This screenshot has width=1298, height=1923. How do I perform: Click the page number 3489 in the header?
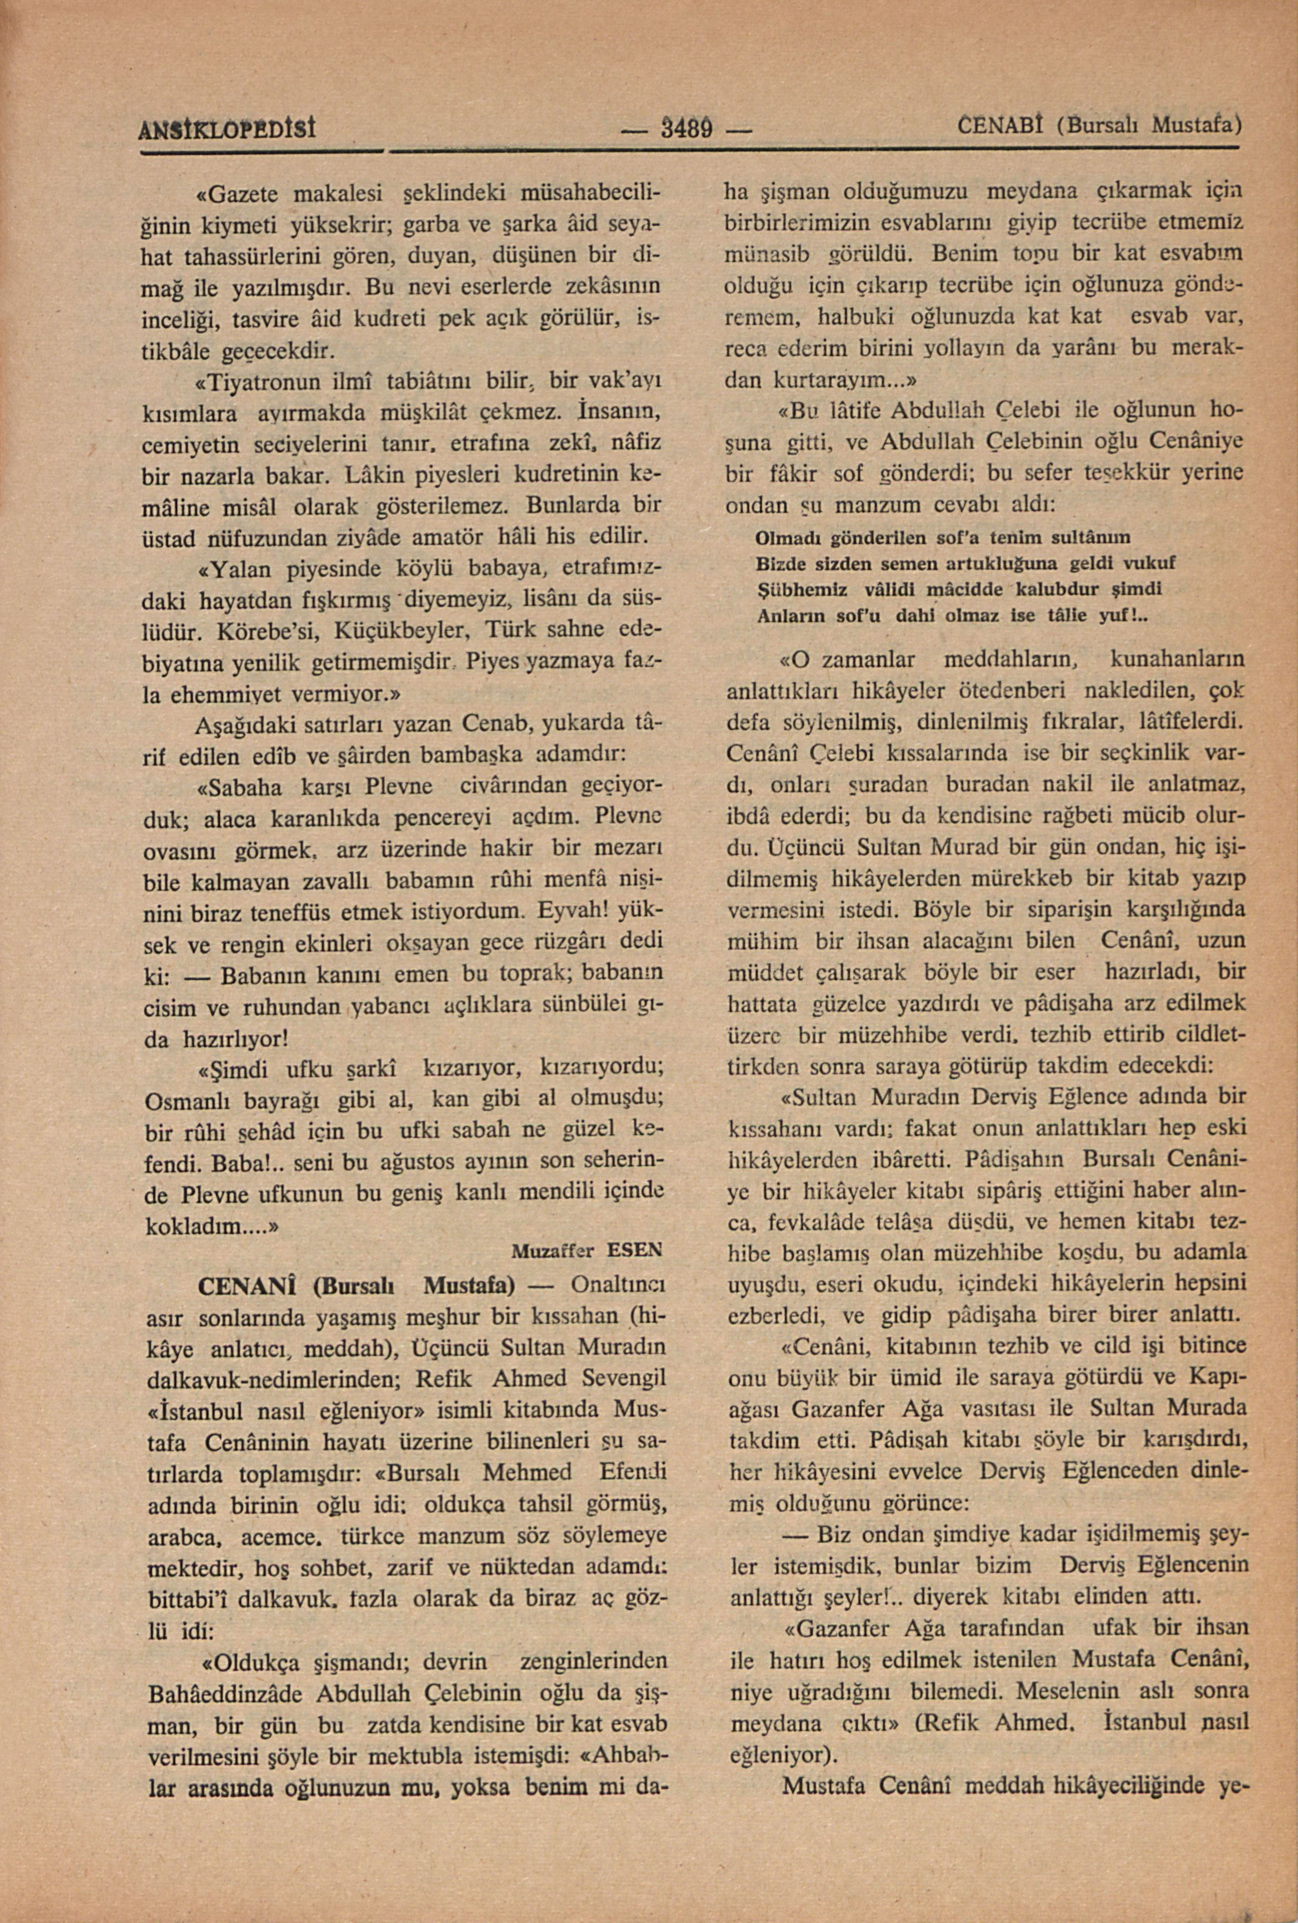[x=682, y=128]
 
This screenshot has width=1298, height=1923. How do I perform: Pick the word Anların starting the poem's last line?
[x=786, y=616]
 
